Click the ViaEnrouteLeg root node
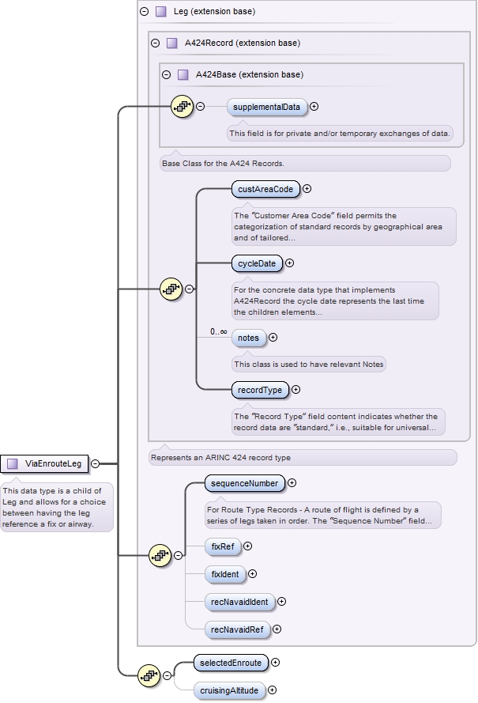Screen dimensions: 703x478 [x=47, y=463]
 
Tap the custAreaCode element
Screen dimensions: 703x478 [x=266, y=189]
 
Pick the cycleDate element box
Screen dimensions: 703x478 [x=257, y=263]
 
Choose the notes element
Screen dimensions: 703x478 [x=248, y=338]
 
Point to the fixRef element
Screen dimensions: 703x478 [x=223, y=546]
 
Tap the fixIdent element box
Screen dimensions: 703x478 [x=224, y=574]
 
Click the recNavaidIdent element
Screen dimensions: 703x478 [x=239, y=602]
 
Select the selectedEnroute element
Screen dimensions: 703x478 [x=231, y=663]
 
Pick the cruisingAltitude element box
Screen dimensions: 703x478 [x=229, y=690]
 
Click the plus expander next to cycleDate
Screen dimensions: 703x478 [x=289, y=263]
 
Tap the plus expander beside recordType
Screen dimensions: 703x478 [x=296, y=389]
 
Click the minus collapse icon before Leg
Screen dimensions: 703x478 [x=144, y=12]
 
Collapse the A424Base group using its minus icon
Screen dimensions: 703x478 [x=166, y=75]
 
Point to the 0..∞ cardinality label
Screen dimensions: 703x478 [x=218, y=332]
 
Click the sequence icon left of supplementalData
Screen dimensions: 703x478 [x=183, y=106]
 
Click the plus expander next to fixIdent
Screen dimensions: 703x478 [x=253, y=574]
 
